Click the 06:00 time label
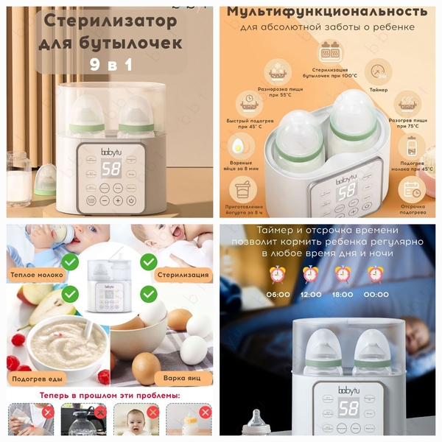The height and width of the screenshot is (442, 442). click(x=278, y=294)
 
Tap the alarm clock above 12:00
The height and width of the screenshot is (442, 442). click(x=311, y=275)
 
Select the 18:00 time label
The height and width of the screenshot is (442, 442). click(x=343, y=294)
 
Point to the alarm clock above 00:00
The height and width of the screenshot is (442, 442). click(x=376, y=275)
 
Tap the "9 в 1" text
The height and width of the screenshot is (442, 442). click(x=110, y=65)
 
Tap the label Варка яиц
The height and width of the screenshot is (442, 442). click(x=182, y=379)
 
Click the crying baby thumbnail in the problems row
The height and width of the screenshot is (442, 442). click(x=133, y=421)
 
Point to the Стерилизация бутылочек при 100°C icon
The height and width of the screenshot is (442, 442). click(x=329, y=52)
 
